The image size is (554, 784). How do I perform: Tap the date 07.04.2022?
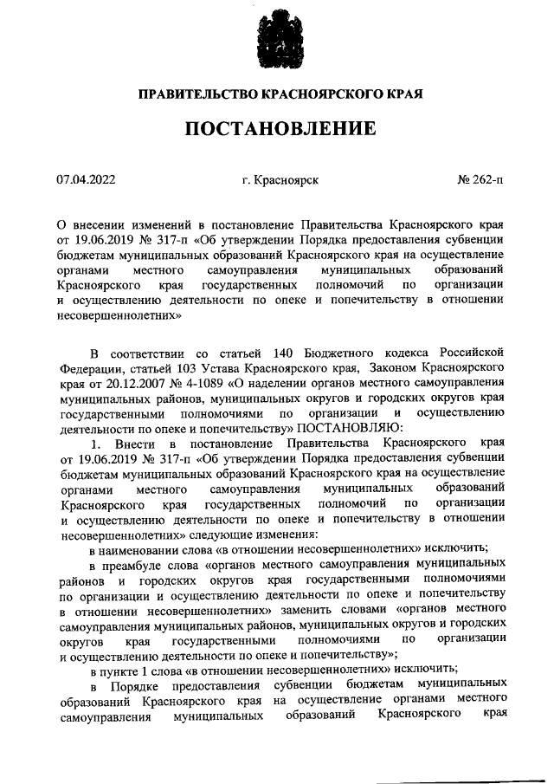[x=86, y=182]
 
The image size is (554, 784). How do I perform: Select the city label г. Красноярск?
[x=281, y=182]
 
